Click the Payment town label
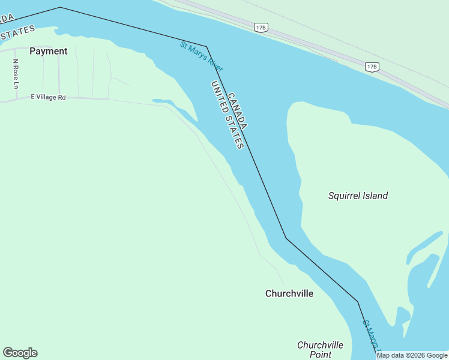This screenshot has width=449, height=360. coord(48,52)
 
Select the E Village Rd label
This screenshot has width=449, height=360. coord(48,97)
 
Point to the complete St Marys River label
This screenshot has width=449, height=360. coord(201,56)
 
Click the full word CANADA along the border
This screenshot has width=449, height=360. coord(237,110)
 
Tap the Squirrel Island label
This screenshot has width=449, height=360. coord(358,196)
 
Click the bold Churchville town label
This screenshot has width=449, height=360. coord(289,293)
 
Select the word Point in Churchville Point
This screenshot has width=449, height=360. coord(320,355)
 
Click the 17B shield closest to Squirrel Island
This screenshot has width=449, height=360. coord(372,67)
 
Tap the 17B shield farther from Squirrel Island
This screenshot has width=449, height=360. coord(261,28)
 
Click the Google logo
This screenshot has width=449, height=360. coord(20,353)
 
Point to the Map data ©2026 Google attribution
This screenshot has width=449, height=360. coord(412,355)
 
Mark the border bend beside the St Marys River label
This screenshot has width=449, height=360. coord(207,46)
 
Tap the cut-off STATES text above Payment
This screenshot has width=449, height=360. coord(18,33)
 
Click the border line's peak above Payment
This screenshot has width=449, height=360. coord(60,7)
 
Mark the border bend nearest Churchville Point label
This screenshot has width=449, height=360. coord(358,302)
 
